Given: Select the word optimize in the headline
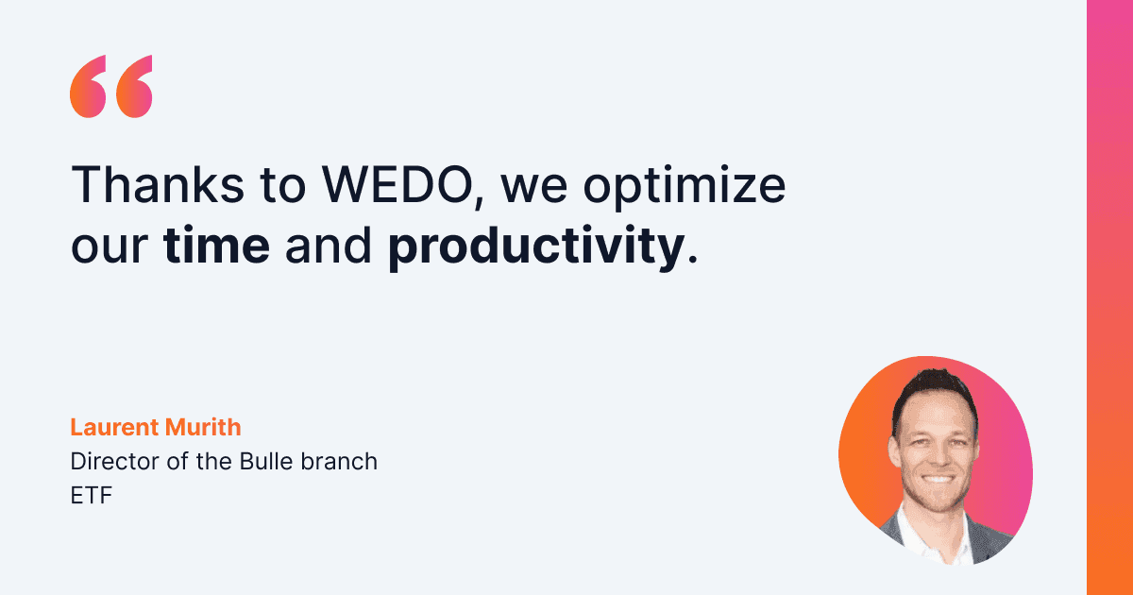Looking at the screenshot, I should click(683, 189).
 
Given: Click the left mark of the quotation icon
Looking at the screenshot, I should click(89, 87).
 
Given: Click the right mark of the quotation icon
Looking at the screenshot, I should click(133, 87).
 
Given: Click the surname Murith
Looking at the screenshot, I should click(203, 428).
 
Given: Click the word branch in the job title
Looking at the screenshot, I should click(346, 462).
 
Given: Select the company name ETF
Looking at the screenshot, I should click(91, 496).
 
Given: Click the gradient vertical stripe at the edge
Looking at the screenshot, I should click(1109, 297).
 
